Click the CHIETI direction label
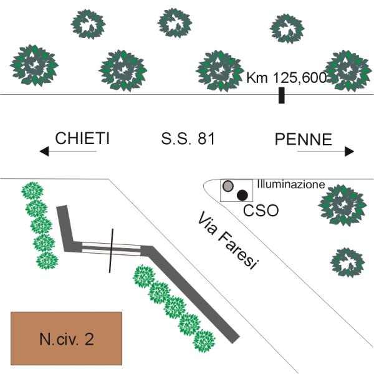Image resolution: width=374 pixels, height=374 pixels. (82, 138)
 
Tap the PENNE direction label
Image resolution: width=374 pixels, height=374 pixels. (304, 139)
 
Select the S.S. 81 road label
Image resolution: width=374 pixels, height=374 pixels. (188, 138)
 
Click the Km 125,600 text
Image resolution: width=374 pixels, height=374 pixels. (286, 78)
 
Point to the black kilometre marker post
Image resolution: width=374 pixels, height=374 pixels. (282, 95)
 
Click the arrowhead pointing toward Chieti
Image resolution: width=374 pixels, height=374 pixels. (44, 151)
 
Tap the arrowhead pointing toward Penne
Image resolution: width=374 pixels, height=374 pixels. (350, 151)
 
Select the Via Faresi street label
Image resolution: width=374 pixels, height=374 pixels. (228, 241)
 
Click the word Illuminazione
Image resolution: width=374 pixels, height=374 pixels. (291, 185)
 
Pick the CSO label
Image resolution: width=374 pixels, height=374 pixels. (261, 211)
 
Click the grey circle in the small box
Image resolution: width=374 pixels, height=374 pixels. (228, 186)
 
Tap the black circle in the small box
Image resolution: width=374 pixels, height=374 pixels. (242, 195)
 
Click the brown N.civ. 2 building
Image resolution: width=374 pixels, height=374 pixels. (66, 338)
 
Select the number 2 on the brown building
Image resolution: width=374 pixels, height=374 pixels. (89, 339)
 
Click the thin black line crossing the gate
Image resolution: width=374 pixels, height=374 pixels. (111, 251)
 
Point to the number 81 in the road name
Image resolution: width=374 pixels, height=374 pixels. (206, 138)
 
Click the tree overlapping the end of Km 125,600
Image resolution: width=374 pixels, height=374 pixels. (348, 71)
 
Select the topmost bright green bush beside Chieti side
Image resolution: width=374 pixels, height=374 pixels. (32, 191)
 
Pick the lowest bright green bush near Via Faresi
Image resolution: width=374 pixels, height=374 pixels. (204, 341)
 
